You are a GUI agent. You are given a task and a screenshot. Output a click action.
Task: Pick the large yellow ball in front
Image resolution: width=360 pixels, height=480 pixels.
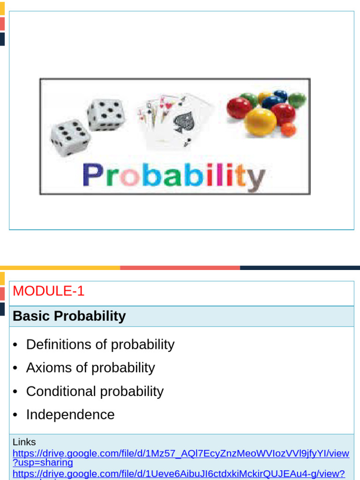pos(261,121)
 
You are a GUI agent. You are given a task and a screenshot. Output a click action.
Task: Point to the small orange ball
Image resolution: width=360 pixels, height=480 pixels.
pos(289,129)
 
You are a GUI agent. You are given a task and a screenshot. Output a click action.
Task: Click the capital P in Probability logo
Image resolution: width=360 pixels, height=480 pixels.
pos(92,175)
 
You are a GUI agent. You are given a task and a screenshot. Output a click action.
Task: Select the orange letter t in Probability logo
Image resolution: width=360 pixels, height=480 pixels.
pos(240,175)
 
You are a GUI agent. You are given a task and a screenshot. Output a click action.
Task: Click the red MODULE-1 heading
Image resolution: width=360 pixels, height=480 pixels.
pos(49,291)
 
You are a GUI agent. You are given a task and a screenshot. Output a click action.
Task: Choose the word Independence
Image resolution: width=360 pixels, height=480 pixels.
pos(70,415)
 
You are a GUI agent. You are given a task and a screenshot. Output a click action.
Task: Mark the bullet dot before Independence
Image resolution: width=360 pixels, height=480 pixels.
pos(16,415)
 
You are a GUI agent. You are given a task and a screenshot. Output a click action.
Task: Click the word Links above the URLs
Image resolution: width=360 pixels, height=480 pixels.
pos(24,442)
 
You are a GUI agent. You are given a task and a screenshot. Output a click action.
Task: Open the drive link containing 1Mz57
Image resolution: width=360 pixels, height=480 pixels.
pos(180,453)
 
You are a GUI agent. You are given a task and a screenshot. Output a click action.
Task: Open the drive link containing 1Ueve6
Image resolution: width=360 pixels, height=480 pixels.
pos(178,474)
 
